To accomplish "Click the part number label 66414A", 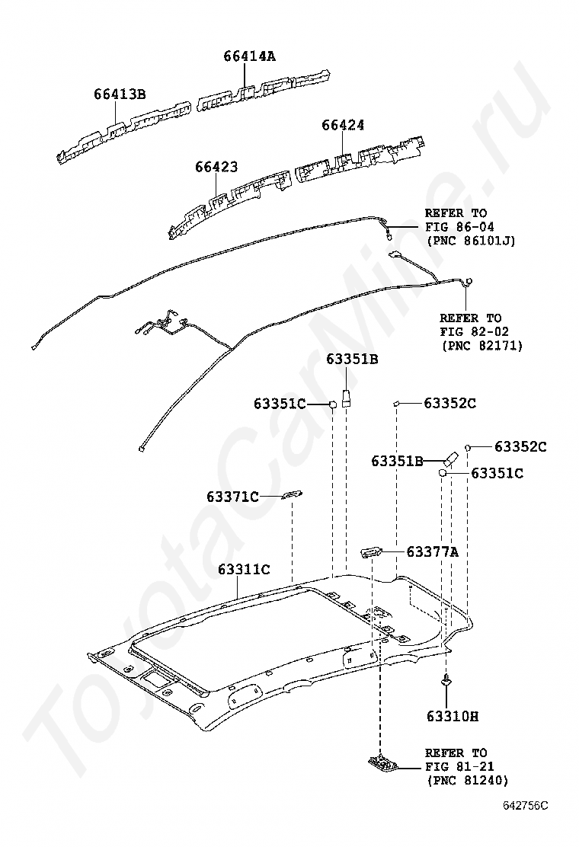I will (x=249, y=56).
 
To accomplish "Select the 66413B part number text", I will (x=120, y=94).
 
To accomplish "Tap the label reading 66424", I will (x=342, y=125).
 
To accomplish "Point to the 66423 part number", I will (x=216, y=167).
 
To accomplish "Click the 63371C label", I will (x=232, y=497).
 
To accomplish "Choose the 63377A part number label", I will (x=432, y=551).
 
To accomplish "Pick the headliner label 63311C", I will (x=244, y=568).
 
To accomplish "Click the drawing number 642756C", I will (x=525, y=804).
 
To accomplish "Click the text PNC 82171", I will (x=481, y=345).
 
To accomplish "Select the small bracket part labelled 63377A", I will (x=372, y=551).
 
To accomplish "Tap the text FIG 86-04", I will (x=456, y=227).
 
